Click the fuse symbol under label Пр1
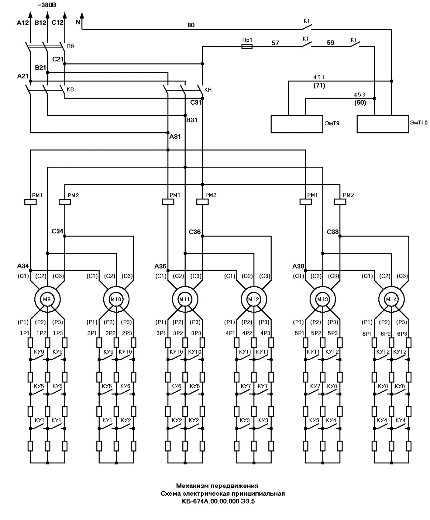247,47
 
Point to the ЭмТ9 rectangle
297,124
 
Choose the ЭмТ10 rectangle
383,124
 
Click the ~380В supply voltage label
47,5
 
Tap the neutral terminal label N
78,22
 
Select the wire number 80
191,25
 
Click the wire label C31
196,103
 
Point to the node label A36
160,266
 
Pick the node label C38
333,232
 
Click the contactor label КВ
71,89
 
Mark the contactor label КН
208,90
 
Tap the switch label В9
71,46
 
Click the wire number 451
319,77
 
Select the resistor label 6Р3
402,334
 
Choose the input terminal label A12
23,23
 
